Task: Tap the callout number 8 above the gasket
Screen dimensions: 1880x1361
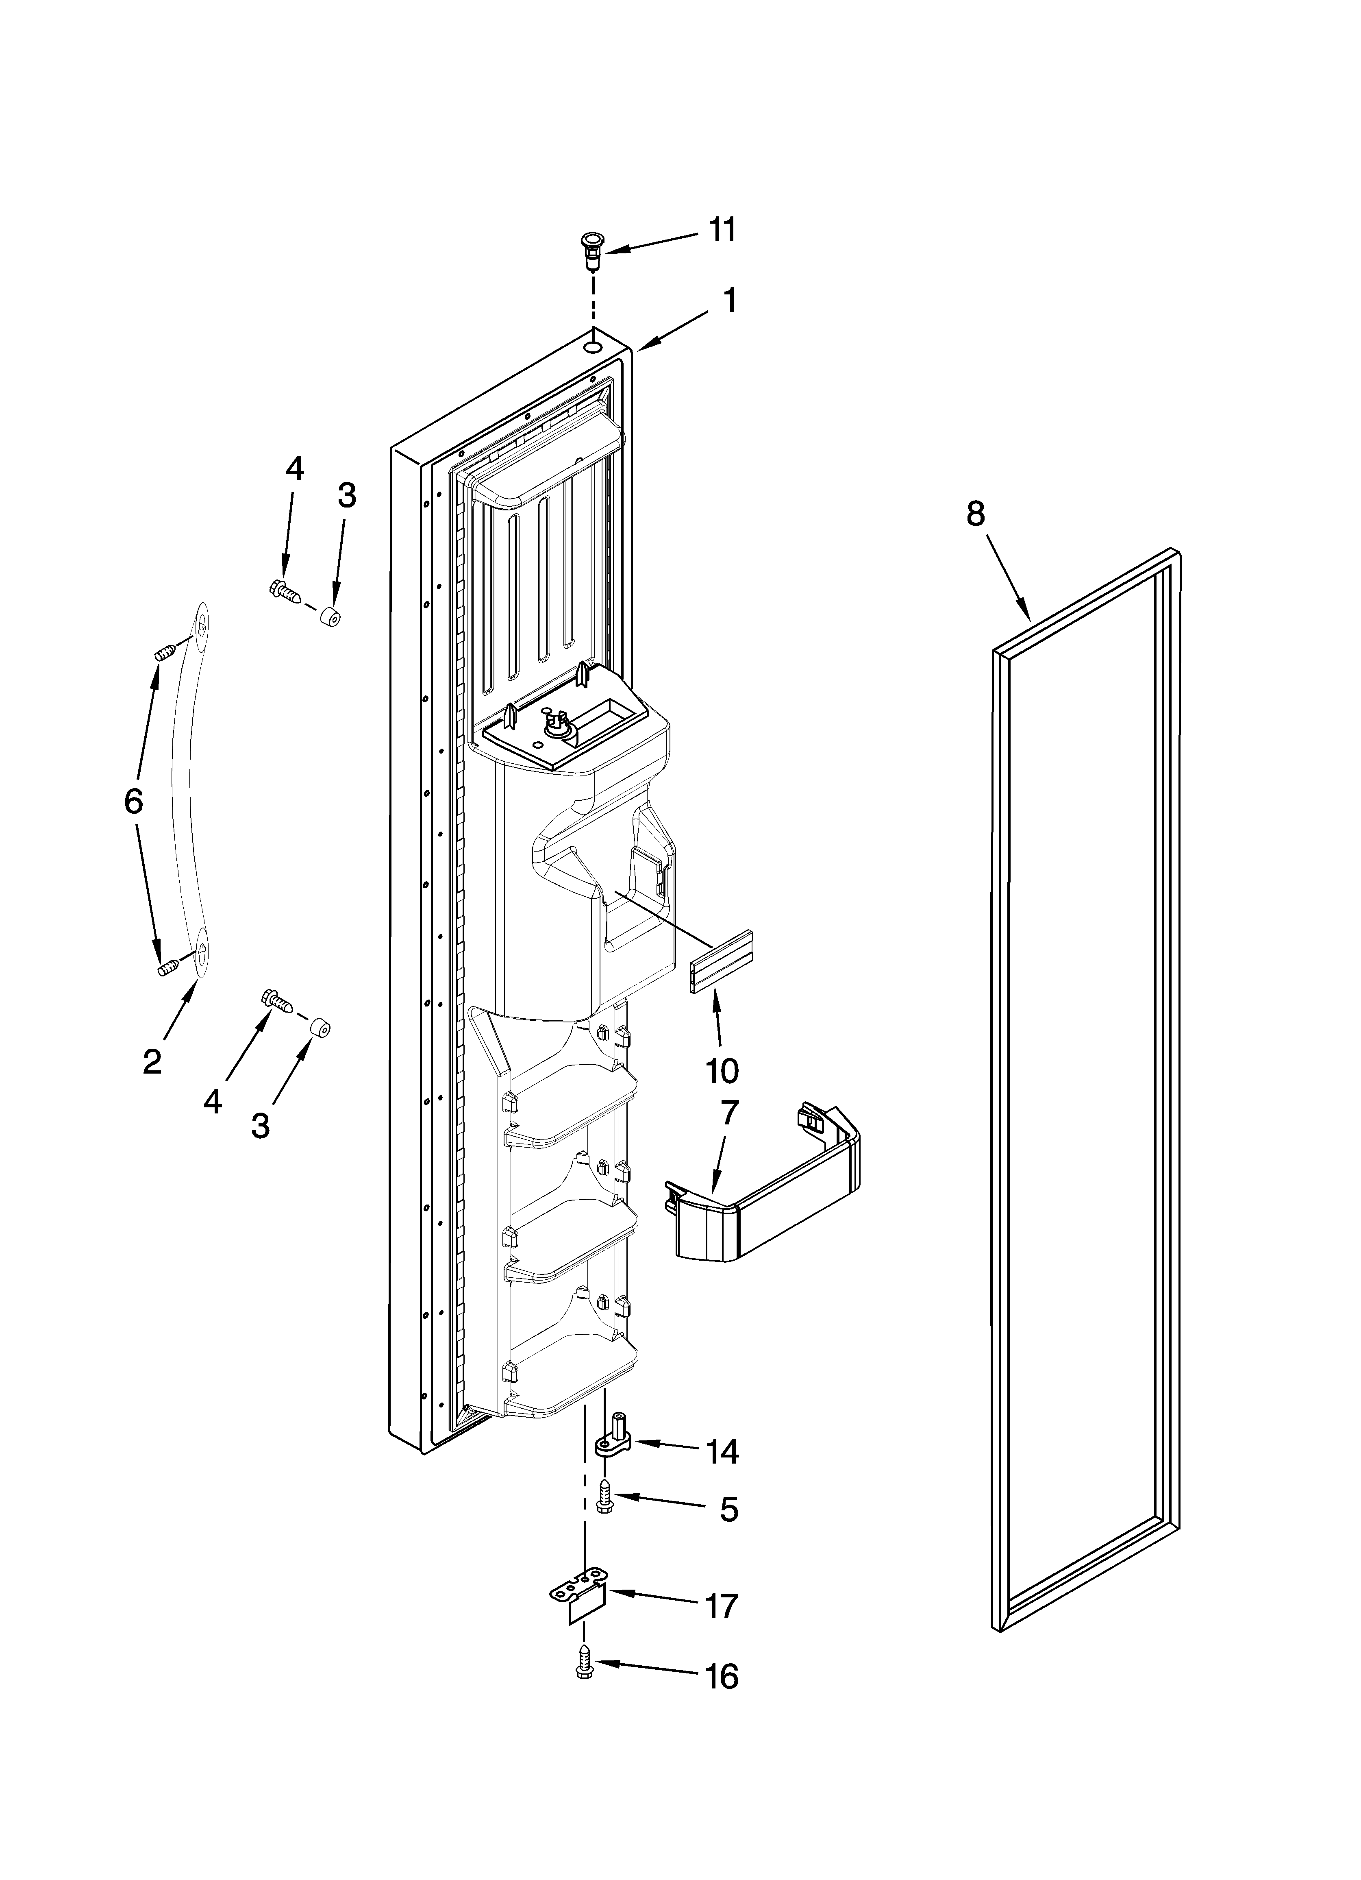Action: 976,515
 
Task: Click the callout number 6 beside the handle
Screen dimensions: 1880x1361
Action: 133,802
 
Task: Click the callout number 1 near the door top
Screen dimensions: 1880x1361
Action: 728,301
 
